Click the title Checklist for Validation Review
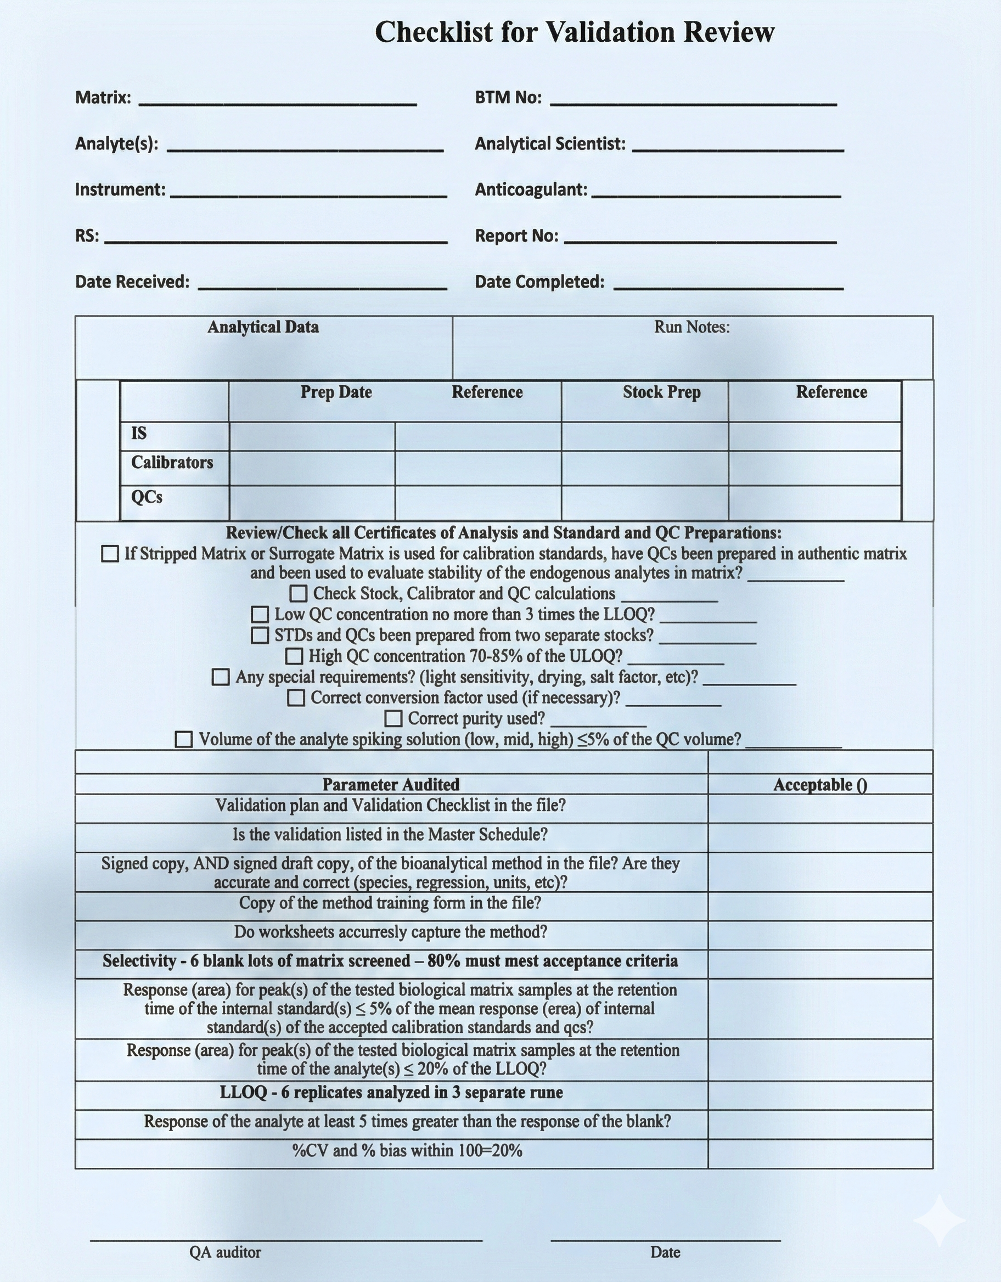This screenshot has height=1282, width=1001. click(574, 32)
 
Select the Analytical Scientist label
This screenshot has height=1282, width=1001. click(549, 144)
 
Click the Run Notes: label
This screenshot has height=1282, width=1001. click(691, 327)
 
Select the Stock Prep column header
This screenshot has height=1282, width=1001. click(661, 392)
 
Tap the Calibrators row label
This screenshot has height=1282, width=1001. click(172, 463)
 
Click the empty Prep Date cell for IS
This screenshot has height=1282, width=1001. click(312, 437)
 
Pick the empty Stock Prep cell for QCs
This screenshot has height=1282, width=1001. click(644, 503)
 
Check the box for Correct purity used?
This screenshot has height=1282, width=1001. click(393, 718)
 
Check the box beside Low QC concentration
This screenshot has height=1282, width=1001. click(260, 615)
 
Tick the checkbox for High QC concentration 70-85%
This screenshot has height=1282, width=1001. click(294, 656)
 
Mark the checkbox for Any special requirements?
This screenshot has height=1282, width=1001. click(220, 677)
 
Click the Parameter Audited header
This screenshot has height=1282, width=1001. click(390, 785)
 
